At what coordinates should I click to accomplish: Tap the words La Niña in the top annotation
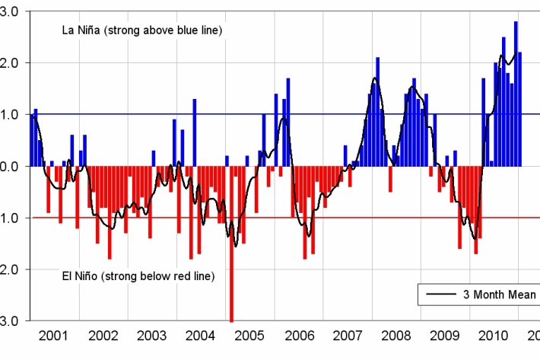[84, 30]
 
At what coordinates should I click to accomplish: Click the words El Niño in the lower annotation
[83, 276]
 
